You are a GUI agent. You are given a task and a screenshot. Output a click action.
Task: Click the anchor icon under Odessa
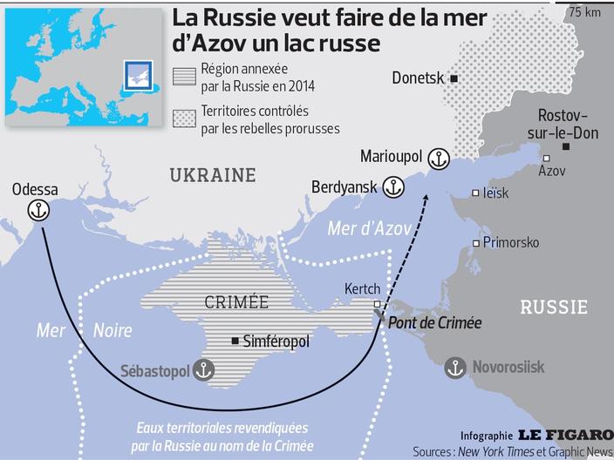pyautogui.click(x=38, y=209)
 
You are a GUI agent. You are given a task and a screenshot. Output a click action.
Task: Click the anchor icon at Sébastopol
pyautogui.click(x=202, y=369)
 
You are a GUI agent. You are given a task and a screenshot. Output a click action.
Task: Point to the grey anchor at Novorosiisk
pyautogui.click(x=454, y=368)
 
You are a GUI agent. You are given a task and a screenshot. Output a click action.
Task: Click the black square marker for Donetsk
pyautogui.click(x=454, y=78)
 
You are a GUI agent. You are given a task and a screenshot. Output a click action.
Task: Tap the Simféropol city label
pyautogui.click(x=276, y=342)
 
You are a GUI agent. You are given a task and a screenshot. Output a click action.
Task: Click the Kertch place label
pyautogui.click(x=362, y=288)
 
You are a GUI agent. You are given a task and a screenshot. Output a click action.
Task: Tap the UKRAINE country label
pyautogui.click(x=213, y=175)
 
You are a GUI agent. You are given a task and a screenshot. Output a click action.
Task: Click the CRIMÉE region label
pyautogui.click(x=236, y=302)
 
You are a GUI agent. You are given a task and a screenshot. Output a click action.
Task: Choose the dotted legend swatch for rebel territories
pyautogui.click(x=184, y=118)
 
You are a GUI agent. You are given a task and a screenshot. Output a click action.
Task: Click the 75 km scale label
pyautogui.click(x=585, y=12)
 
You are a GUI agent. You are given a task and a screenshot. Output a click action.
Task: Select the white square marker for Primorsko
pyautogui.click(x=475, y=243)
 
